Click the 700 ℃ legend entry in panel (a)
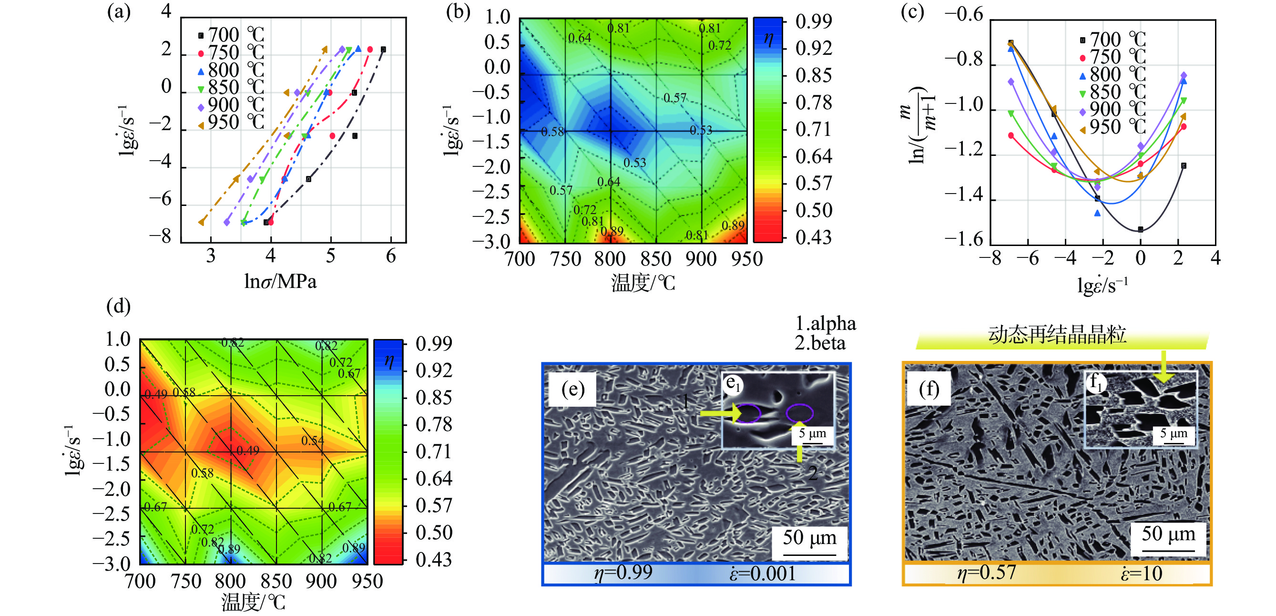[x=230, y=35]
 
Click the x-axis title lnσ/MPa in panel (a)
[x=280, y=281]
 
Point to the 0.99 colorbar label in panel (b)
[x=813, y=22]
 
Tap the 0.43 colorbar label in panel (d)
[x=434, y=560]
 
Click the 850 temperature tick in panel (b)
[x=655, y=259]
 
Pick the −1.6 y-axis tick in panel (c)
[x=963, y=240]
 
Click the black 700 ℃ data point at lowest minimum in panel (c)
[x=1140, y=229]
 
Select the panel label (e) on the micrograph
[x=573, y=390]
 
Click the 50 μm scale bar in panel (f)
[x=1168, y=550]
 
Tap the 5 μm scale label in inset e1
[x=812, y=433]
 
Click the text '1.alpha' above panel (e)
[x=825, y=324]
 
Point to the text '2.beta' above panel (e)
[x=820, y=343]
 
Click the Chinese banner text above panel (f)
[x=1057, y=336]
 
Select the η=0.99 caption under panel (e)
[x=623, y=573]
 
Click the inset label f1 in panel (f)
[x=1096, y=382]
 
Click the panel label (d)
[x=118, y=306]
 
